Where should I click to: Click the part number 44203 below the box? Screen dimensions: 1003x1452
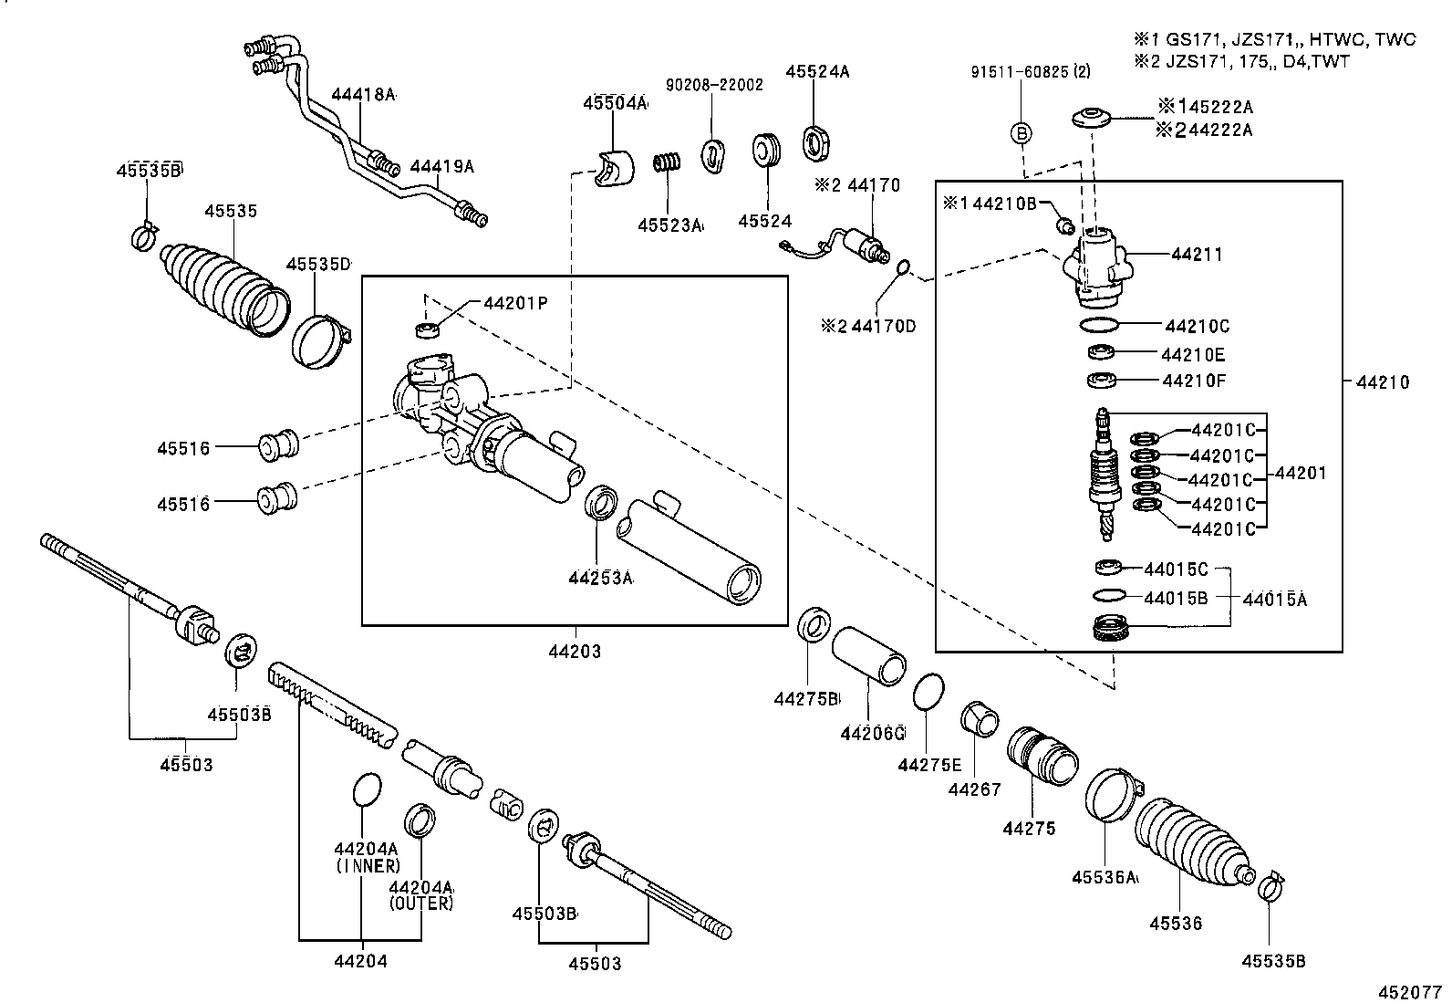tap(575, 653)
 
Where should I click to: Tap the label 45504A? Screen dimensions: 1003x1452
tap(615, 104)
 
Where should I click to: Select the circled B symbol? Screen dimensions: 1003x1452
tap(1022, 134)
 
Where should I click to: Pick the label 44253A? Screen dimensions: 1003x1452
tap(599, 578)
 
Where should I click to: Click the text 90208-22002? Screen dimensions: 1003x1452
tap(714, 85)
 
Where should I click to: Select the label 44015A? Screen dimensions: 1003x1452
tap(1274, 600)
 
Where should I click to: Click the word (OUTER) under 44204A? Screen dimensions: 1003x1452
tap(420, 904)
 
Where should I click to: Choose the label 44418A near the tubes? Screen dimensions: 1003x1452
tap(363, 95)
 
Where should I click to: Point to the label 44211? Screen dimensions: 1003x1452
tap(1197, 255)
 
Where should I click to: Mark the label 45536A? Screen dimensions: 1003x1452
tap(1105, 877)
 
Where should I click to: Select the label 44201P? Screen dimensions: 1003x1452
tap(515, 303)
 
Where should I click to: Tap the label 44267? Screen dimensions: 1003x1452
tap(974, 789)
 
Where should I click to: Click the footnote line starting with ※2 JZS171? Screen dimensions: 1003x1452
tap(1241, 62)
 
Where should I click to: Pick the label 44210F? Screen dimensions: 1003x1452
tap(1193, 381)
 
